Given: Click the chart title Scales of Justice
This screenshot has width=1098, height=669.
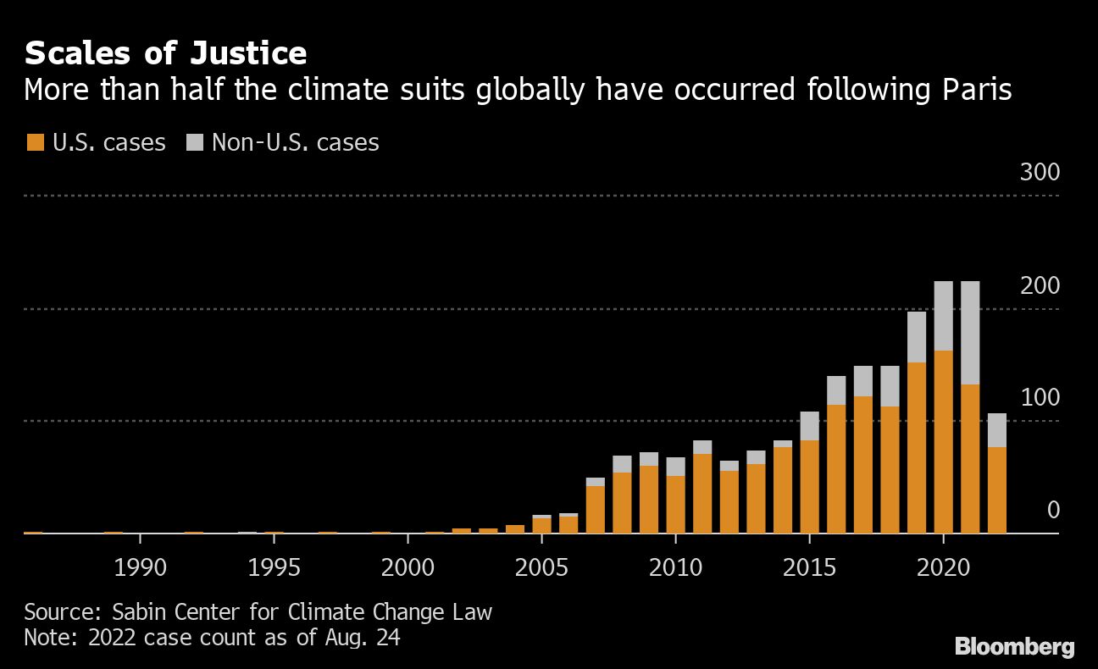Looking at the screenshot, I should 165,53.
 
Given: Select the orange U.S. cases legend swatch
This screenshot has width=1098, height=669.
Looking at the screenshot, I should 34,142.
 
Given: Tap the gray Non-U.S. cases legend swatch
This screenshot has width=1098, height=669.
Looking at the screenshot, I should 194,142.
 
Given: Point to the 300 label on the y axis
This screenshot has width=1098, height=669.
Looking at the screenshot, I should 1040,173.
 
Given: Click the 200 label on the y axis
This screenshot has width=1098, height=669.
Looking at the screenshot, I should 1040,286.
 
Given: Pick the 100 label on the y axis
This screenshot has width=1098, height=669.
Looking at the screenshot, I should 1040,398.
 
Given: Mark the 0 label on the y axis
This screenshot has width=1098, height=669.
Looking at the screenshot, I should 1053,510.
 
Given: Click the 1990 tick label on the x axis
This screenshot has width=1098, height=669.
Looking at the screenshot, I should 141,567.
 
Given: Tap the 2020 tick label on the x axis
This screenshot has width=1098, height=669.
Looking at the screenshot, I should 944,567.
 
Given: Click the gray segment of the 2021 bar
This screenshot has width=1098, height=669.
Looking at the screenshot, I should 970,333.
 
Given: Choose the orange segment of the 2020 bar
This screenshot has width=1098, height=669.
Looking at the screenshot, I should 943,441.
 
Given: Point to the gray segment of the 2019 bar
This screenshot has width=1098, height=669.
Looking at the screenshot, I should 917,337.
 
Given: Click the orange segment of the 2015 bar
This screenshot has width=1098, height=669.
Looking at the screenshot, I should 809,486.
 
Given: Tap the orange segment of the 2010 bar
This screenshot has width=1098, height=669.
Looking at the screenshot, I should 675,504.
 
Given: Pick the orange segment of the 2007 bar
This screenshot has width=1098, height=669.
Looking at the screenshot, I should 596,509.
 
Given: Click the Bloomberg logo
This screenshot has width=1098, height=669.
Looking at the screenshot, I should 1015,647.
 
